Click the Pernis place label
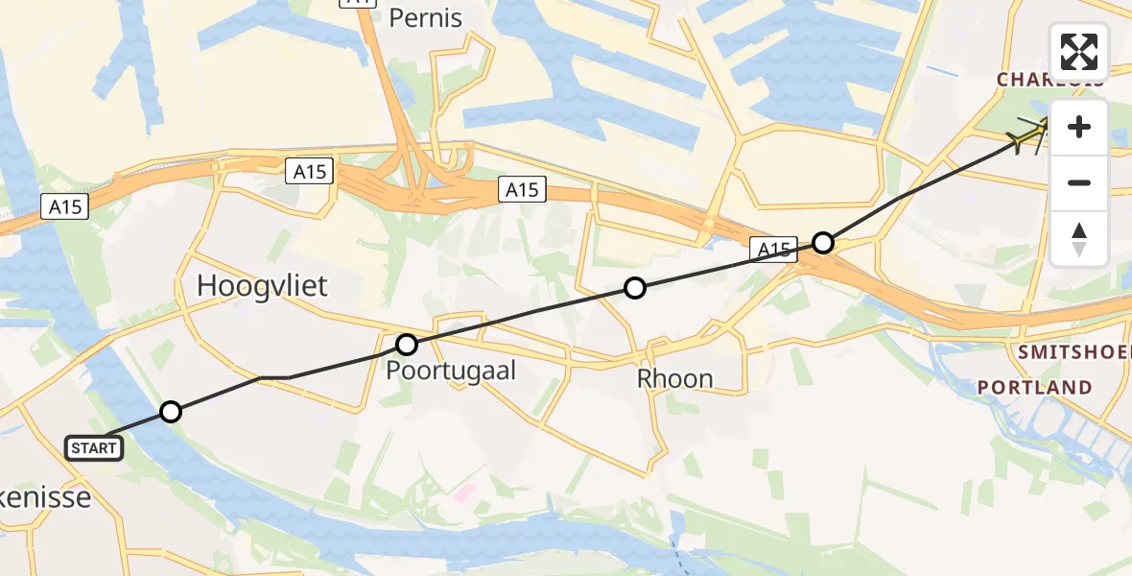(x=426, y=17)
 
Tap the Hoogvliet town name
(x=262, y=285)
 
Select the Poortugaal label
(x=451, y=371)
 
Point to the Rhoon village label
(x=675, y=378)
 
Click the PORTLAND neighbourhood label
(x=1034, y=387)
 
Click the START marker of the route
(x=94, y=447)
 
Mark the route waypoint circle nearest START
(x=170, y=412)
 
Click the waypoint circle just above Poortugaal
(x=407, y=344)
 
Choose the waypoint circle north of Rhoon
(x=634, y=287)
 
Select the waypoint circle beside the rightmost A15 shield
(x=822, y=242)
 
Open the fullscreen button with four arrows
(x=1079, y=52)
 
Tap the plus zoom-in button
(x=1079, y=127)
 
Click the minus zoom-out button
(x=1079, y=182)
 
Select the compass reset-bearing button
(x=1079, y=238)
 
